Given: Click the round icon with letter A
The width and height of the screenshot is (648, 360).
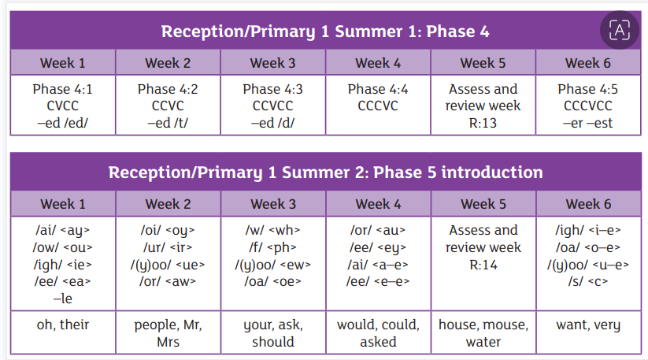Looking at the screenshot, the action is click(x=620, y=30).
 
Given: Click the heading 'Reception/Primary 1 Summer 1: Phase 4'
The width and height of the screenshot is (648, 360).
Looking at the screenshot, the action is click(x=325, y=32).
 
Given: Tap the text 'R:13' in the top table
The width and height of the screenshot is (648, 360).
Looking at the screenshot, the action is click(x=483, y=123).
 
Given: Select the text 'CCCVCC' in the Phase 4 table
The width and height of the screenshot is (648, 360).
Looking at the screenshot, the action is click(x=587, y=106).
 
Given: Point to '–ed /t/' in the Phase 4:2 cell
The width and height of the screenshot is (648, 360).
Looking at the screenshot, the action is click(x=168, y=123).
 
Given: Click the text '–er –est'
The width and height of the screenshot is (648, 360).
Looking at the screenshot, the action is click(x=587, y=123).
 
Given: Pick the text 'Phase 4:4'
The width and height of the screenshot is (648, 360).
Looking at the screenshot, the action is click(x=378, y=89).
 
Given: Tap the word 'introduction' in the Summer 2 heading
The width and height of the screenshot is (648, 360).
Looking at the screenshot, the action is click(x=492, y=173).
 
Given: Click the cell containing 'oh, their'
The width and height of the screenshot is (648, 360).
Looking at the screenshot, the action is click(x=63, y=332).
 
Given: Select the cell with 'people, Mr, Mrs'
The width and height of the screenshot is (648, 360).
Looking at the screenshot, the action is click(x=168, y=332).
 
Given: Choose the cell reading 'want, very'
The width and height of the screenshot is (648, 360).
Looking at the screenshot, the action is click(x=588, y=332).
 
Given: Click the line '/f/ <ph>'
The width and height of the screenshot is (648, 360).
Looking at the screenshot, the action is click(x=272, y=247).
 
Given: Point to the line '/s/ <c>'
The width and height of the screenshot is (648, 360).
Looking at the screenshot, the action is click(x=588, y=281).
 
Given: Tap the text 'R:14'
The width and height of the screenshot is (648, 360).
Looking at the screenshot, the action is click(x=483, y=265).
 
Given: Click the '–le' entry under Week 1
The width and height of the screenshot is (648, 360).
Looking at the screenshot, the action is click(x=63, y=299).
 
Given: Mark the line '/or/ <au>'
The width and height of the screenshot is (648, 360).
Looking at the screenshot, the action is click(x=378, y=230).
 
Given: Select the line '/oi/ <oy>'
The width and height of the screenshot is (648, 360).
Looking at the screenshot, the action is click(x=168, y=230).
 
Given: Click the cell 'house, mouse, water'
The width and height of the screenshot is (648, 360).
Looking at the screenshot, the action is click(x=483, y=332).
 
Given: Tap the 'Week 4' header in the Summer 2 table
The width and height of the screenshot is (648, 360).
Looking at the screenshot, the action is click(x=378, y=204).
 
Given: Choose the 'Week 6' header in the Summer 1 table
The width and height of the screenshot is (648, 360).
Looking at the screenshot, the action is click(x=588, y=63).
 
